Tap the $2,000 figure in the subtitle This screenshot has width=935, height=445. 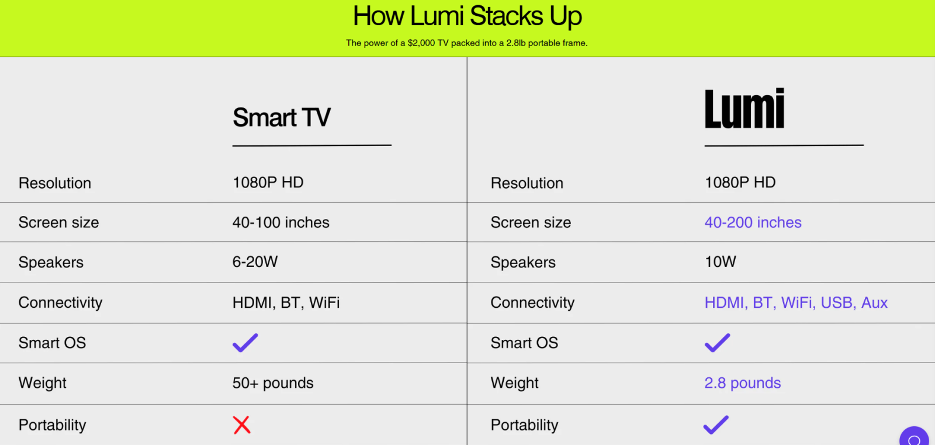pos(421,43)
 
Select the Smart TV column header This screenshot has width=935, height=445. pos(281,117)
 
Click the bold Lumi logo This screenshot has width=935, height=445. pos(744,108)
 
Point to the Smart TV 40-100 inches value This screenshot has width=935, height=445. pos(281,222)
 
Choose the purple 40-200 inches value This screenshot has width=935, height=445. pos(753,222)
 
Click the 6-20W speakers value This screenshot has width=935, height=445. pos(255,262)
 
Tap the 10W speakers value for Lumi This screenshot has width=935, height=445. pos(721,262)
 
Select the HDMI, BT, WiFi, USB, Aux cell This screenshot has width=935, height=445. pos(796,303)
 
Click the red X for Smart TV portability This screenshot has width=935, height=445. pos(242,425)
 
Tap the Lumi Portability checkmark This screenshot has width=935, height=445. pos(716,425)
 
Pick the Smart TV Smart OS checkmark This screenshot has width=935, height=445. pos(245,343)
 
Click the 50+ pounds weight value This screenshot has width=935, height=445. pos(273,383)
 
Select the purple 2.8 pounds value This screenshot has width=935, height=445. pos(743,383)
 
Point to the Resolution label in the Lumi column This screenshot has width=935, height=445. pos(527,183)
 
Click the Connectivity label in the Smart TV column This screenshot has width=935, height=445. pos(61,303)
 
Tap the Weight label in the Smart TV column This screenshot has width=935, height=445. pos(42,383)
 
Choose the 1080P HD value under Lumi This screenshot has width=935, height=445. pos(740,182)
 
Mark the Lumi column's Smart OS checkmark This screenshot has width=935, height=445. pos(718,343)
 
